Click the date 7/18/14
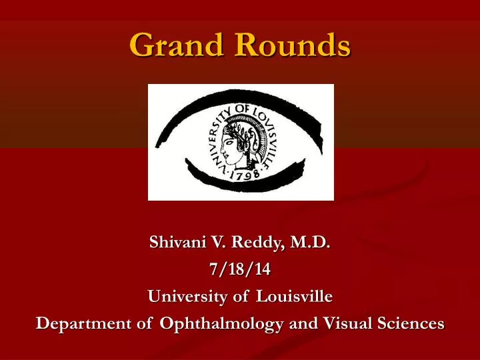(240, 270)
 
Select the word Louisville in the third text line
(295, 296)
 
